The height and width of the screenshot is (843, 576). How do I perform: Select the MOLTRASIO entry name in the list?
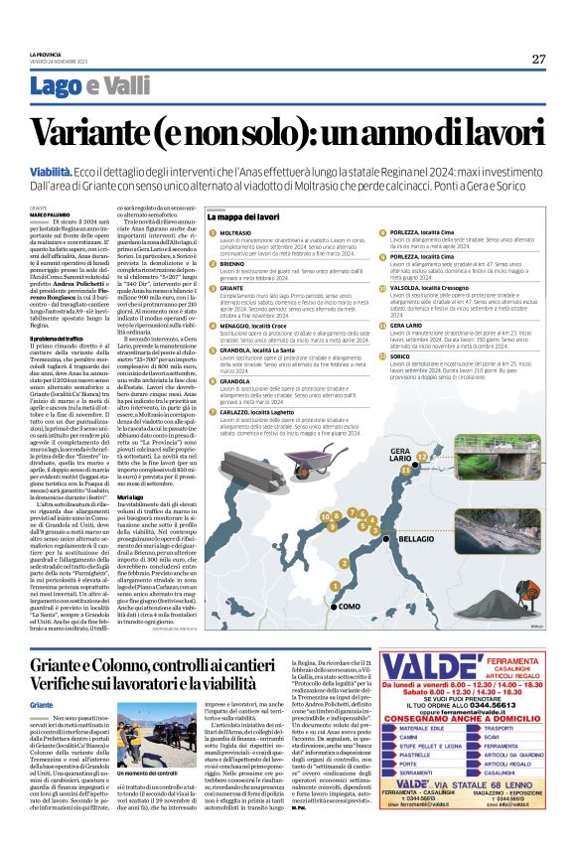237,233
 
